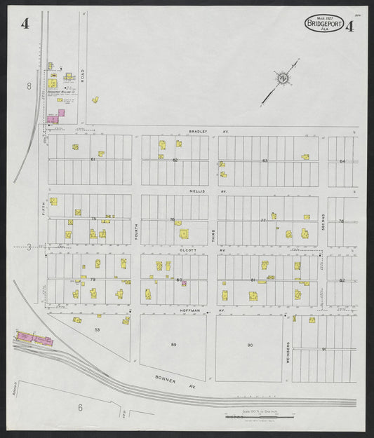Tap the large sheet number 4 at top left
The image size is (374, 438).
coord(25,24)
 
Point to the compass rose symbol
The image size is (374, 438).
coord(283,78)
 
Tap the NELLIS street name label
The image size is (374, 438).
coord(198,191)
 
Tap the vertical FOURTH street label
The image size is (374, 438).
coord(136,232)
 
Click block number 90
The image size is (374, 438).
coord(250,345)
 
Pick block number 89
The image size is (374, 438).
coord(173,345)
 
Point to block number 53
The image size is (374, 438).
coord(98,329)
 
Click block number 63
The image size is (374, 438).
coord(265,161)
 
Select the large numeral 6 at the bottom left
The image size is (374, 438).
coord(81,407)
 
